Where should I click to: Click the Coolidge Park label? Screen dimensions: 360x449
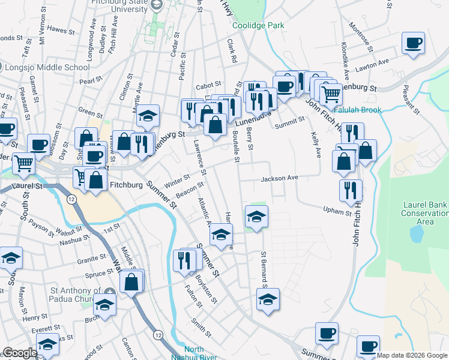pos(258,26)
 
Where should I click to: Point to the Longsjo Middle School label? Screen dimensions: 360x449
pos(47,67)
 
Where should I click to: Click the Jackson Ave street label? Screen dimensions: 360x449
pos(279,178)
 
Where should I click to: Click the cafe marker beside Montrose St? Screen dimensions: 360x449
pos(413,44)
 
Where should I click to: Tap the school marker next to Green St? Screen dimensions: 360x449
pos(147,116)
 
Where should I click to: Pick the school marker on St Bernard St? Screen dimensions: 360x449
pos(268,299)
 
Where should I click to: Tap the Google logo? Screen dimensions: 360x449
pos(20,353)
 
